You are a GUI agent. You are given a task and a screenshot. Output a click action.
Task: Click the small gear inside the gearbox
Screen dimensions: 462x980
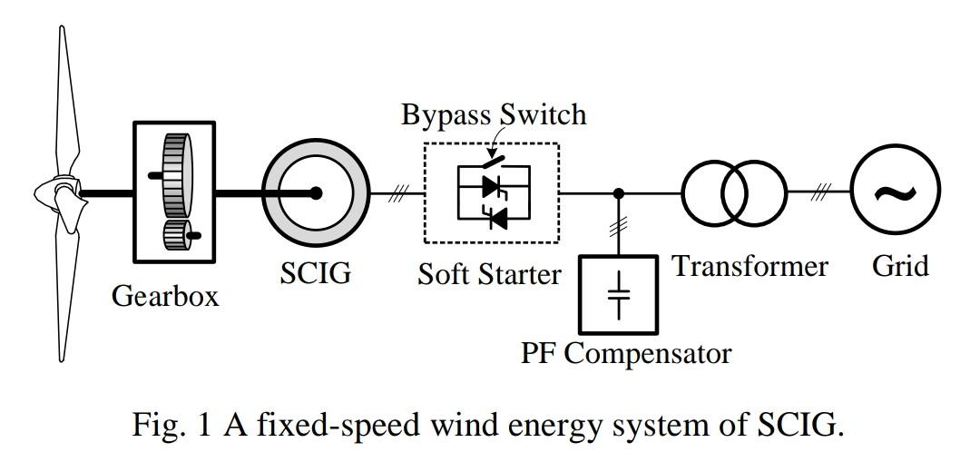[175, 239]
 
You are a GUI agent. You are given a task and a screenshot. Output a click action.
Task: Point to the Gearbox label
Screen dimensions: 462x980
[165, 296]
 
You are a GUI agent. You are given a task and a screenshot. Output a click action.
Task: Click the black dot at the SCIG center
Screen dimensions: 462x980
[316, 193]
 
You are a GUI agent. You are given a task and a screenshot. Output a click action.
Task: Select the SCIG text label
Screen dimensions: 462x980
[315, 272]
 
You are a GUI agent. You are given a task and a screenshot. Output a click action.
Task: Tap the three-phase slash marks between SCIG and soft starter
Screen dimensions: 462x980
[397, 193]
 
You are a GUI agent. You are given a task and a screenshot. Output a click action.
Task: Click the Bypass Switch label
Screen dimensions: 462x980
[494, 115]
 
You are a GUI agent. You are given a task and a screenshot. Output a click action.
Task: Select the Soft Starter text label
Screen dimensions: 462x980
[489, 273]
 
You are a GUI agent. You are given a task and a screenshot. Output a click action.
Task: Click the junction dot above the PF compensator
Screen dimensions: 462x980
[619, 193]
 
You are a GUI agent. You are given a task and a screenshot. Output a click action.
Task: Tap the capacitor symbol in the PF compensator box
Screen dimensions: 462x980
[619, 294]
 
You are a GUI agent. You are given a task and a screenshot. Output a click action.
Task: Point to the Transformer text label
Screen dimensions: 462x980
[750, 266]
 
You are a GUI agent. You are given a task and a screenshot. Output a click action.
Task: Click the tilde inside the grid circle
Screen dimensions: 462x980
[895, 192]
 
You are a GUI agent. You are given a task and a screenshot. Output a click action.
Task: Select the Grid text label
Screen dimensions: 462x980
[900, 266]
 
